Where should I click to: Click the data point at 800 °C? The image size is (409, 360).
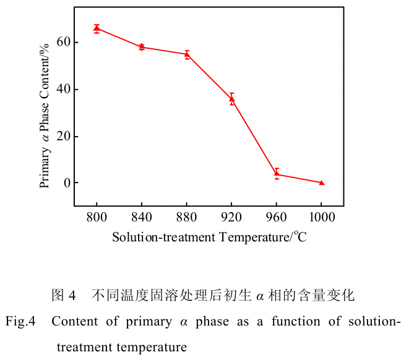tap(97, 28)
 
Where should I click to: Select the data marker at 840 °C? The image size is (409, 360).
tap(142, 47)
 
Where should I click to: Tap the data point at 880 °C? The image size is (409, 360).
tap(187, 54)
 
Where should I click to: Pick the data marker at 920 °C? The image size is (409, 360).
tap(232, 99)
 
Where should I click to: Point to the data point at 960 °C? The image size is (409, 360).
tap(277, 174)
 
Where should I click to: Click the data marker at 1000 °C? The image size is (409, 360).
tap(322, 182)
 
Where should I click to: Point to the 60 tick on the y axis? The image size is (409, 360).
tap(61, 42)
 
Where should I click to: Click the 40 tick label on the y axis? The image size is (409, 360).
tap(61, 89)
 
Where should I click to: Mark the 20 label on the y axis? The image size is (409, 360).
tap(61, 136)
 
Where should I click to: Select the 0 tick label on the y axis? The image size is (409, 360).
tap(64, 183)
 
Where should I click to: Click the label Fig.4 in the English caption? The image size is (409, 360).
tap(22, 322)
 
